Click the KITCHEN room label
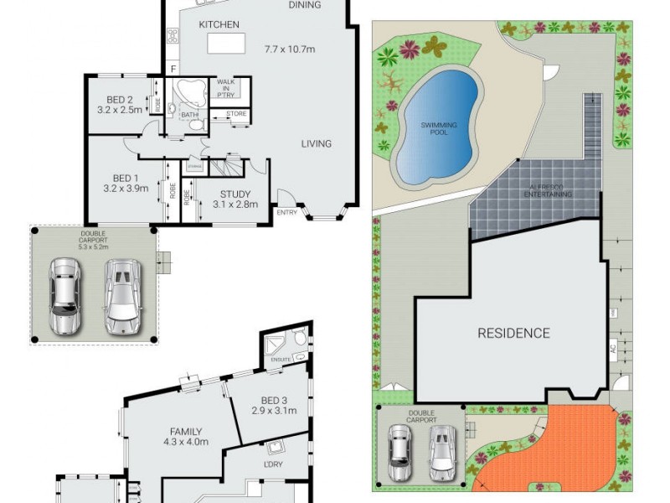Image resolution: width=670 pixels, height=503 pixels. pos(219,25)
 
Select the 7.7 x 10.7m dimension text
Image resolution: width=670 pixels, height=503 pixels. pos(289,49)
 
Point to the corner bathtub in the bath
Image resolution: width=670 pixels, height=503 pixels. pos(190,92)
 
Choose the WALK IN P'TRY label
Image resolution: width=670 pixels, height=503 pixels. pos(225,88)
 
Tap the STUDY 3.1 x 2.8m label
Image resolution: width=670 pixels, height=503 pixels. pos(235,199)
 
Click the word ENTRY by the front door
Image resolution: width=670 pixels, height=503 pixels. pos(287,213)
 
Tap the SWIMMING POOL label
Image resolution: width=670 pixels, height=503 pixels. pos(440,128)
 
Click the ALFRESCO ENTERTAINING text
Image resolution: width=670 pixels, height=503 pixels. pos(549,190)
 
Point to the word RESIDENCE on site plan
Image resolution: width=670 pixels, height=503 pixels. pos(513,333)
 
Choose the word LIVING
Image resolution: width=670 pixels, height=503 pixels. pos(317,143)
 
